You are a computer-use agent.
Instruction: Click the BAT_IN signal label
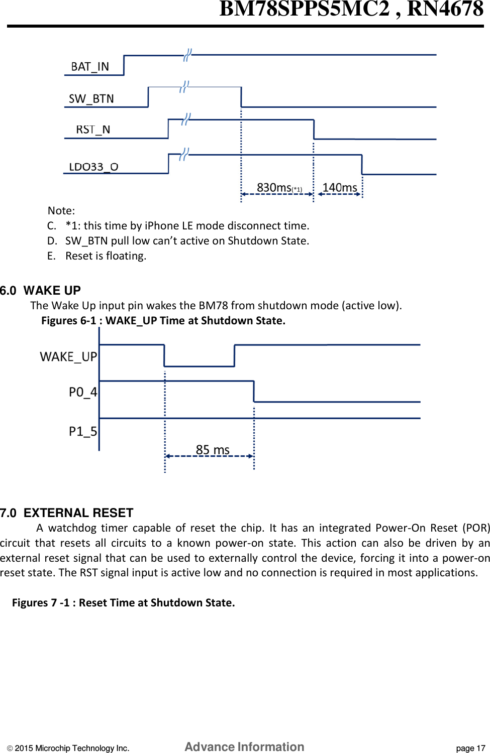pos(90,67)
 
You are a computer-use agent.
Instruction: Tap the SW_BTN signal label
pos(91,99)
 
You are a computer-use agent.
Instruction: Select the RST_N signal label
pos(93,130)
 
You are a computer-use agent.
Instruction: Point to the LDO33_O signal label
pos(93,167)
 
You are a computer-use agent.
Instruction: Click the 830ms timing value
pos(274,188)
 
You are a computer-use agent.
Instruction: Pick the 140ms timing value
pos(340,188)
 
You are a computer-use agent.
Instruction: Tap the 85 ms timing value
pos(213,450)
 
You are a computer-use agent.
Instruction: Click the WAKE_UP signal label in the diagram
pos(68,357)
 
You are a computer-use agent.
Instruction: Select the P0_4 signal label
pos(83,392)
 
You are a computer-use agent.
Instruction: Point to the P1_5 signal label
pos(83,432)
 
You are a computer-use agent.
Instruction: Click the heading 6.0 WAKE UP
pos(41,291)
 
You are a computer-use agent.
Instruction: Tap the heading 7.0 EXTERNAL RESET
pos(67,513)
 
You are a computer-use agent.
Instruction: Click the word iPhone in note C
pos(162,226)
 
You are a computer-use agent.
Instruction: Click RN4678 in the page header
pos(445,9)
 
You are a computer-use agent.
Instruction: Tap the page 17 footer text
pos(470,748)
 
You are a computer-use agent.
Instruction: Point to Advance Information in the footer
pos(244,747)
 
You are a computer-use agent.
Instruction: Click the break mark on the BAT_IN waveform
pos(187,55)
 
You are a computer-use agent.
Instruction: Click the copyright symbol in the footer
pos(10,748)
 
